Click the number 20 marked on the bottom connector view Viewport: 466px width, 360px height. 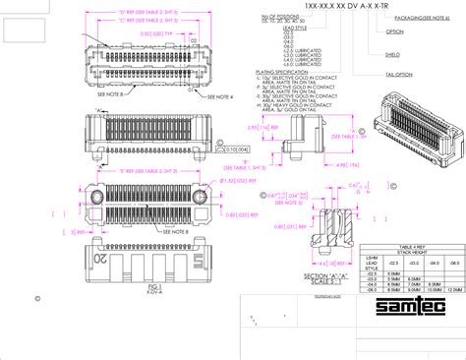100,258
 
